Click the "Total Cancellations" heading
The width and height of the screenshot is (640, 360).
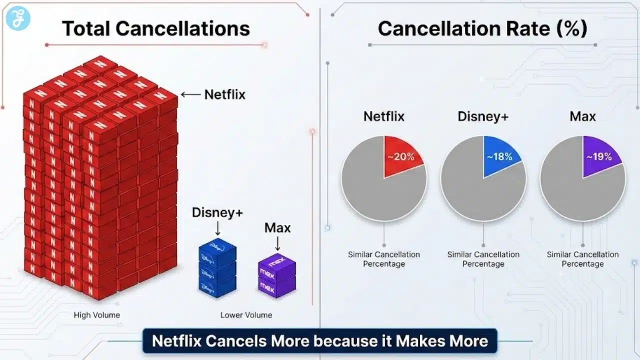coord(155,28)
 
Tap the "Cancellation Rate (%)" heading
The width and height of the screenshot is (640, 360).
coord(482,28)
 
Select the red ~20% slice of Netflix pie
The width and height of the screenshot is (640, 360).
coord(401,155)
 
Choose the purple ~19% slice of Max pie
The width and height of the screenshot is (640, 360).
coord(599,155)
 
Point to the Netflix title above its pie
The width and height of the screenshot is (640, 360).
coord(383,116)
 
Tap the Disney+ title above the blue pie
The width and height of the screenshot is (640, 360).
coord(483,116)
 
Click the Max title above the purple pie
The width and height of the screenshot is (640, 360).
coord(582,116)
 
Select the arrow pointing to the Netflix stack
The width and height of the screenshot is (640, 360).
coord(190,94)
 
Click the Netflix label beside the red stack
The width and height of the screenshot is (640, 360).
coord(225,94)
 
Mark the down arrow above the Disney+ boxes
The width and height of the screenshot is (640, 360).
coord(217,229)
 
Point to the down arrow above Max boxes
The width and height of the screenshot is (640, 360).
coord(277,243)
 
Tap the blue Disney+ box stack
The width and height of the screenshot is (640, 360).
coord(217,270)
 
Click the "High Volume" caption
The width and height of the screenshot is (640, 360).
coord(96,315)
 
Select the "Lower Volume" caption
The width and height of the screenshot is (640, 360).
coord(246,315)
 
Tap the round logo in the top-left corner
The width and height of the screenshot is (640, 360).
coord(18,18)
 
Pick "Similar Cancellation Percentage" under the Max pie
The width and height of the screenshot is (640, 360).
coord(582,259)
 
